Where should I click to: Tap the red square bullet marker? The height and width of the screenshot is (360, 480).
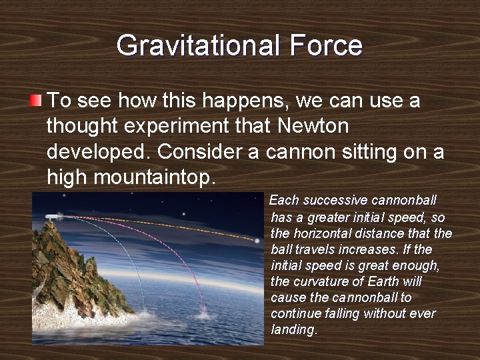coord(36,101)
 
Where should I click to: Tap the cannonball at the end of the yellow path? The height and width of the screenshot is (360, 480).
coord(257,241)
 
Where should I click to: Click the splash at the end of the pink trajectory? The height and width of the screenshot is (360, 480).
coord(203,311)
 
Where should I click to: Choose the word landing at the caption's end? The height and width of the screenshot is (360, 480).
coord(293,329)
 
